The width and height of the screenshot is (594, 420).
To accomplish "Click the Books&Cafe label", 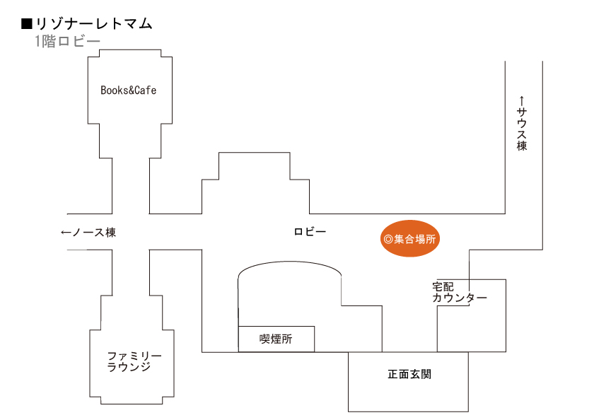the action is (x=129, y=90).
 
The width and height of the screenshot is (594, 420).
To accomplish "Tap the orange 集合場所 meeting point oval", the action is (x=410, y=238).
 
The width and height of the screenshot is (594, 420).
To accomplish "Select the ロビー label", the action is (x=310, y=231).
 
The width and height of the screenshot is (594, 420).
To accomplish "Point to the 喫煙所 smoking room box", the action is (x=276, y=339).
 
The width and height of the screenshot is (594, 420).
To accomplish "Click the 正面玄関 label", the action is (x=409, y=374).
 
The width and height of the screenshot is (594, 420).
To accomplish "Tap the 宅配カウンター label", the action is (x=460, y=292).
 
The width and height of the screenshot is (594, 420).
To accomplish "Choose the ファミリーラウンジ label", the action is (x=134, y=361).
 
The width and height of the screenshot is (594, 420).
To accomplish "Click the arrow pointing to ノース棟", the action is (x=66, y=232).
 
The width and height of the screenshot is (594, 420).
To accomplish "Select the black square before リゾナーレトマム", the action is (x=27, y=24).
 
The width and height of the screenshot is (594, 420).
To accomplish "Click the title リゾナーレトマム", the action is (x=94, y=24).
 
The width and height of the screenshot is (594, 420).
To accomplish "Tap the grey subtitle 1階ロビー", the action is (x=67, y=41).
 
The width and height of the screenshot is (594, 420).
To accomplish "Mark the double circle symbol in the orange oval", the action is (x=388, y=240).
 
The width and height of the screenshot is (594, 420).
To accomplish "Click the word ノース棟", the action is (x=94, y=232).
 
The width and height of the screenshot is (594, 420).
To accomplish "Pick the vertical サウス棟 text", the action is (x=522, y=129).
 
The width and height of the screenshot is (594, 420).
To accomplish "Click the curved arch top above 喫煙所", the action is (x=289, y=262).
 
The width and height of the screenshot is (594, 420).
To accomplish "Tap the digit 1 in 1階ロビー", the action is (x=37, y=41).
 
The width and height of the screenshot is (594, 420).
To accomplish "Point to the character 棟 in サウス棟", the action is (x=522, y=146).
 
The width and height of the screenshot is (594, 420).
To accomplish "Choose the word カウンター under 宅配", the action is (x=460, y=298).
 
